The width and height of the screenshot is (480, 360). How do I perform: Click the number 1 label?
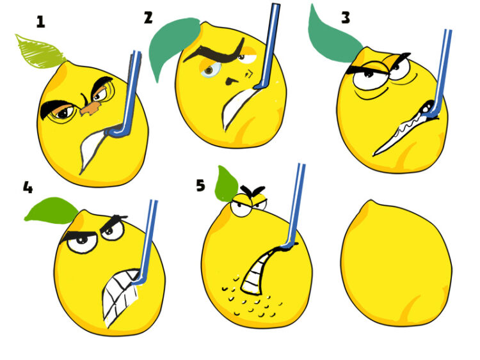(x=40, y=22)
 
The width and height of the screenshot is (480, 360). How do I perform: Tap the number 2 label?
(x=148, y=18)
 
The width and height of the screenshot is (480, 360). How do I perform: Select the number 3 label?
(x=346, y=17)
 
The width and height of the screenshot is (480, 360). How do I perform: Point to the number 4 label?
(x=28, y=187)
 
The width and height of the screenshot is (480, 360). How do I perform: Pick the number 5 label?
(x=200, y=185)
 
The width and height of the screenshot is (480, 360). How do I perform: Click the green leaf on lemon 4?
(x=52, y=210)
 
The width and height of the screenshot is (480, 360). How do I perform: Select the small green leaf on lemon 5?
(x=226, y=185)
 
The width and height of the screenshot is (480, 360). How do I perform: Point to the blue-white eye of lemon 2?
(x=211, y=70)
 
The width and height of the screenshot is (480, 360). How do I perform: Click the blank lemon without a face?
(x=396, y=263)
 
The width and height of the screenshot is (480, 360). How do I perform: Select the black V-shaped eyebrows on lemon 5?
(x=253, y=191)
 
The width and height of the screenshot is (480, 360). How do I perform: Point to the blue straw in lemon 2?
(x=269, y=46)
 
